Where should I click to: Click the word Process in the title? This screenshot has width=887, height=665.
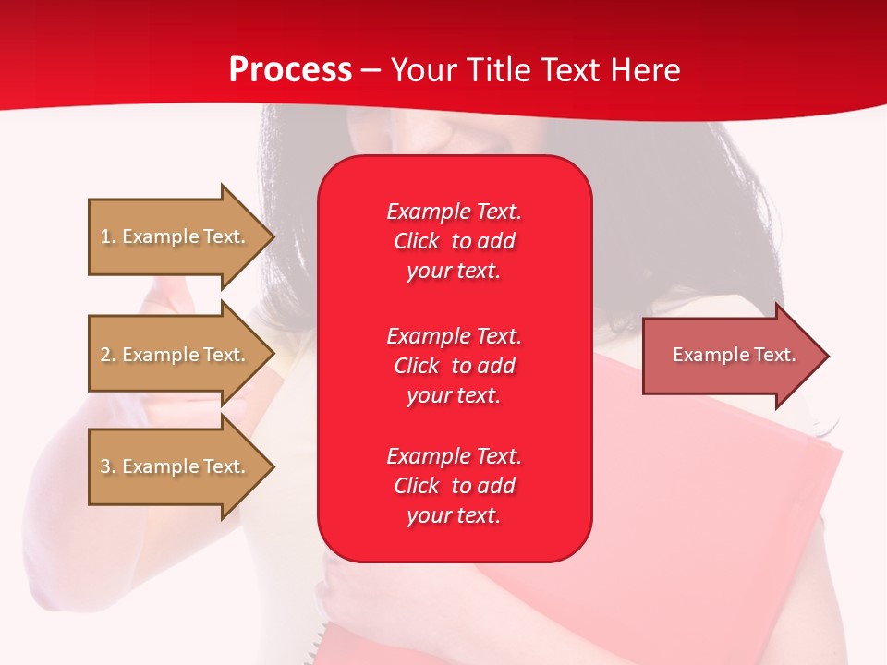tap(290, 70)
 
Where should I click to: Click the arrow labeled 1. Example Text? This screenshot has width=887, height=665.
tap(182, 236)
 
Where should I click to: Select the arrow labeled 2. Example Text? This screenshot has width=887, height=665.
tap(182, 354)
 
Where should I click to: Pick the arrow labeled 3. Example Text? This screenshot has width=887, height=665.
tap(182, 465)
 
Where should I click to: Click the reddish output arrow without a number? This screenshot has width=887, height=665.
tap(736, 356)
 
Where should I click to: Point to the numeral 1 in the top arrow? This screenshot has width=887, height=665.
tap(104, 236)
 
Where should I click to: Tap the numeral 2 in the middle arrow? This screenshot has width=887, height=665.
tap(105, 355)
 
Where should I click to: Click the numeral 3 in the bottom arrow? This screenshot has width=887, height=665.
tap(105, 465)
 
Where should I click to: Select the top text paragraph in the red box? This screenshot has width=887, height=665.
tap(455, 241)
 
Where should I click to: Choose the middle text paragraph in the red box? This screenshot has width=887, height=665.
tap(455, 366)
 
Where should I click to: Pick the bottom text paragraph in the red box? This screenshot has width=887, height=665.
tap(455, 486)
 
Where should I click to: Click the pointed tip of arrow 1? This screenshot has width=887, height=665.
tap(275, 236)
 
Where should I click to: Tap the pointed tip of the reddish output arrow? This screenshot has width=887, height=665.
tap(830, 356)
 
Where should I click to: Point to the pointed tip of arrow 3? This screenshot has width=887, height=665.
tap(275, 466)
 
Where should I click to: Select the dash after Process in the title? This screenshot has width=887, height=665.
tap(371, 72)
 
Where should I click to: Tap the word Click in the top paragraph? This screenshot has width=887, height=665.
tap(417, 241)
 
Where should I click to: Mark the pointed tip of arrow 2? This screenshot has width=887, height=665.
tap(275, 354)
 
